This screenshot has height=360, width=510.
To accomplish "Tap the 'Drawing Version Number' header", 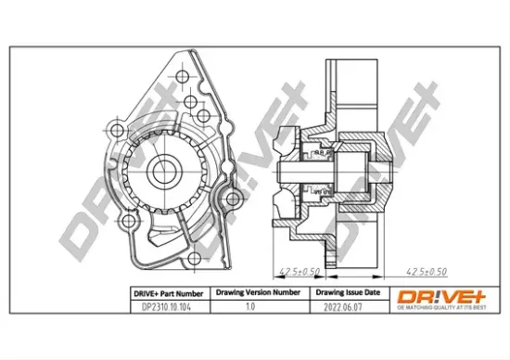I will click(x=258, y=291).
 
